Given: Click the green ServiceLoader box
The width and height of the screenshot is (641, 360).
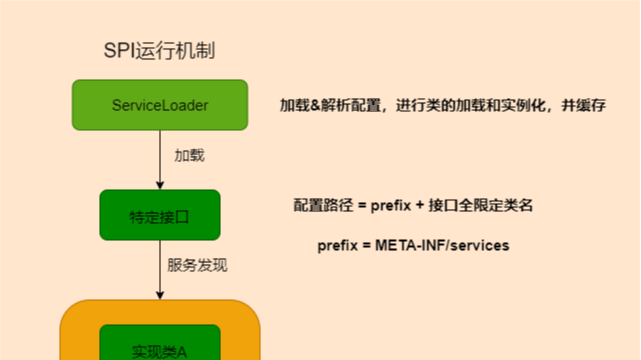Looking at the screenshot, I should coord(160,104).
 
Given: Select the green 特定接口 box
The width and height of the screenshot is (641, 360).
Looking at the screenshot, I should coord(160,215).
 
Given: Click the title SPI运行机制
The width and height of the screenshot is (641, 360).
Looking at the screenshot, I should coord(160,51).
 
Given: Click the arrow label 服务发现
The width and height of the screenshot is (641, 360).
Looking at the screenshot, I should coord(197,266).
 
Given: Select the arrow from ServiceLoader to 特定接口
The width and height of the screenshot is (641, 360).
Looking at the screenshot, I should coord(160,158).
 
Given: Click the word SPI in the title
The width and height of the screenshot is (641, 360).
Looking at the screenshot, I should coord(121,51).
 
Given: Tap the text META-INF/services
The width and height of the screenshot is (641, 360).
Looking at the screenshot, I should coord(442,245).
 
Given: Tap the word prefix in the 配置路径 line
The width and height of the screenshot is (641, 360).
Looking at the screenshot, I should coord(393,205).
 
